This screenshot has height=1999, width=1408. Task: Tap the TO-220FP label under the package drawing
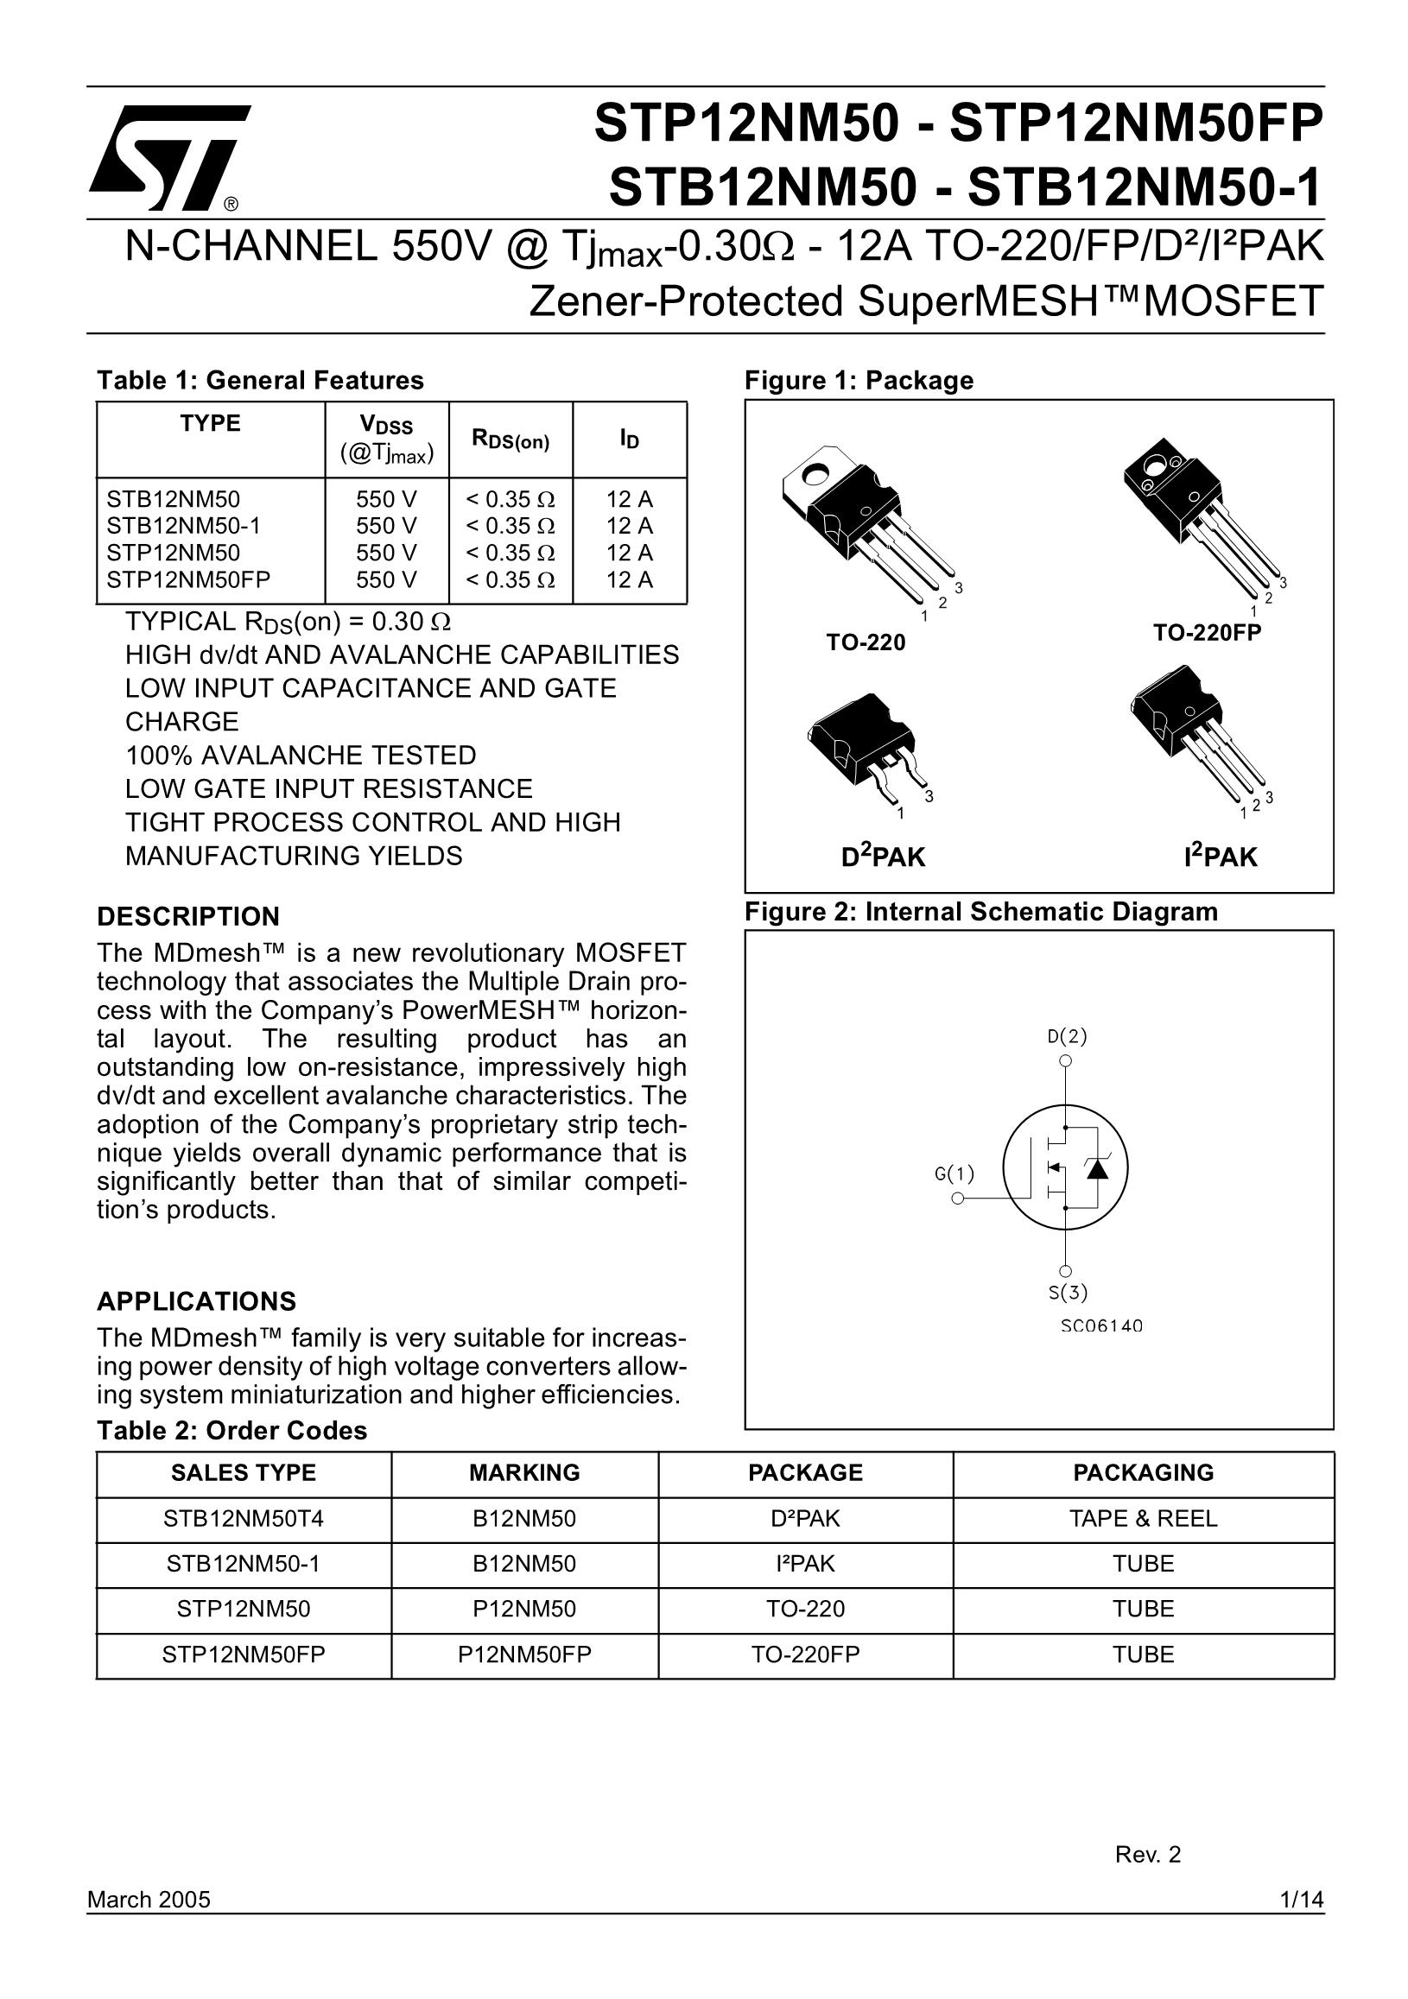click(1206, 633)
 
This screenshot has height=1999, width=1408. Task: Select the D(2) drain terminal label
click(1067, 1036)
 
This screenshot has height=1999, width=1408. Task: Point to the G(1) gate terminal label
click(955, 1173)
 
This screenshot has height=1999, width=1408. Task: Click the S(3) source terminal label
click(1068, 1292)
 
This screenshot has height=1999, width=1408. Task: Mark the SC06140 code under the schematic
click(1101, 1326)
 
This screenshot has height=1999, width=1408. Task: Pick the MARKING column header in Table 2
click(524, 1472)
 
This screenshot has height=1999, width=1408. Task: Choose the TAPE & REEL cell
click(1143, 1518)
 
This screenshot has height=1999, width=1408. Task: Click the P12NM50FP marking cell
click(524, 1654)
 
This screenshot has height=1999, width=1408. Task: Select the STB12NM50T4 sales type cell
click(243, 1518)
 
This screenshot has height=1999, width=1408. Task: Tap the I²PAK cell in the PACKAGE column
click(804, 1564)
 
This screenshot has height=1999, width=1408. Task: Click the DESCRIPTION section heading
click(188, 917)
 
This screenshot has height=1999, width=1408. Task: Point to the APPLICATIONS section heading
click(196, 1301)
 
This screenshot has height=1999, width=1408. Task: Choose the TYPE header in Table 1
click(210, 423)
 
